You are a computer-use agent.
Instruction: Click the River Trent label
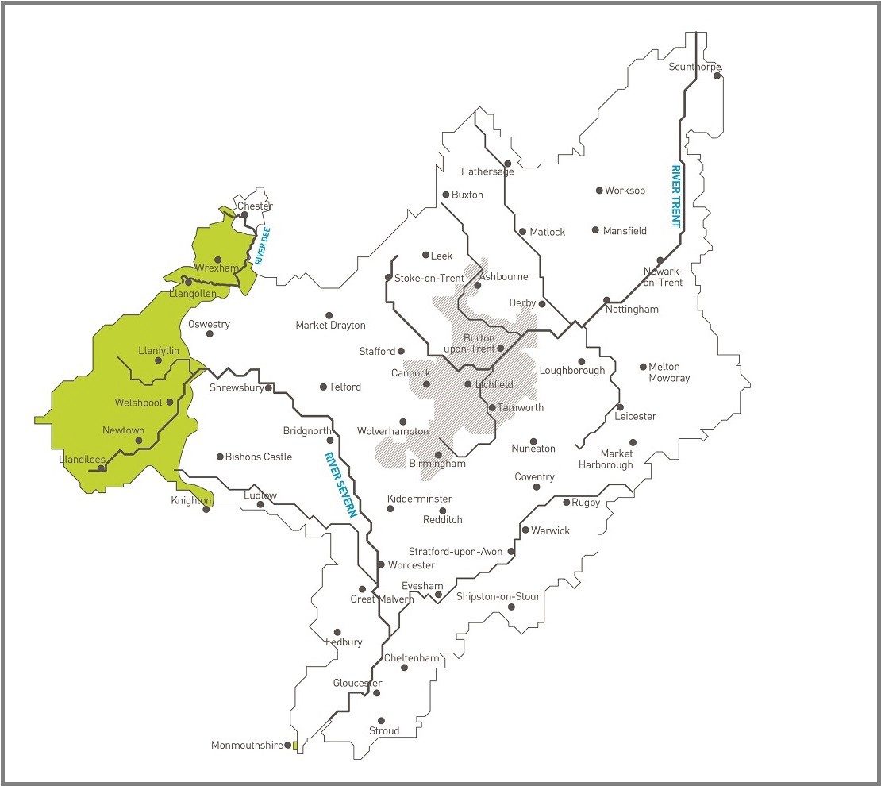676,196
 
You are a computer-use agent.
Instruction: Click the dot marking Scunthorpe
717,75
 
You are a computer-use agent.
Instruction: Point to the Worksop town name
625,191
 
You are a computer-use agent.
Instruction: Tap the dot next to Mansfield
595,230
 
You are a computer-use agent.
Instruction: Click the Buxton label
467,195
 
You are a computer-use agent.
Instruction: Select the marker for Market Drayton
329,315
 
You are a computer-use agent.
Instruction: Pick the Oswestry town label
209,324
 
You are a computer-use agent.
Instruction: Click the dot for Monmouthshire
287,746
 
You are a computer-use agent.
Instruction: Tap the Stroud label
384,730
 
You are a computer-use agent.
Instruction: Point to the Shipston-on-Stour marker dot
511,607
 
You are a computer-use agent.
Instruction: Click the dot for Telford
323,387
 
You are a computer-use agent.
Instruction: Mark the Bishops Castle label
259,457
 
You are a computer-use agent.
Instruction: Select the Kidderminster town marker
390,508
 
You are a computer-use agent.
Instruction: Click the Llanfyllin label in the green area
159,350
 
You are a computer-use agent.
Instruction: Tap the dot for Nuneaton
533,441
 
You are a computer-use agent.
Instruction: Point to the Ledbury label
344,642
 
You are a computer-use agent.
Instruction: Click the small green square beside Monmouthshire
294,746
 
